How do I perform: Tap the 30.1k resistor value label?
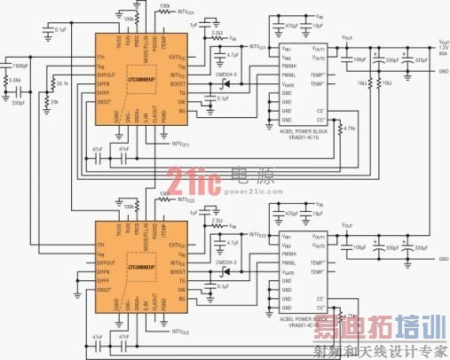pos(60,84)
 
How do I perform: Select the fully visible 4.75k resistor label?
pos(351,128)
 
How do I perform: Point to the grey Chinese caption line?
pos(376,351)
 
